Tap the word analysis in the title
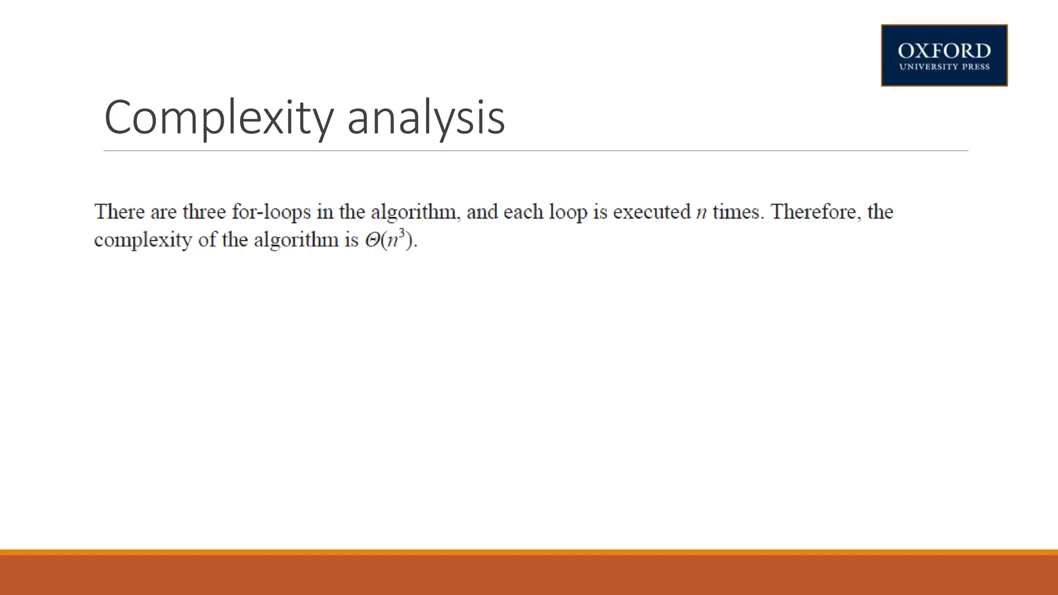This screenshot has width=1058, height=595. click(426, 118)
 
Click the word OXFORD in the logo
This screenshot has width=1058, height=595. click(944, 51)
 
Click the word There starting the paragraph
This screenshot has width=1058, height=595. click(119, 212)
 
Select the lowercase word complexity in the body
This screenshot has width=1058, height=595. click(143, 240)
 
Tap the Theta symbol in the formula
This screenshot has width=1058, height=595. click(372, 240)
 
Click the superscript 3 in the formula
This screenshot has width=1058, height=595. click(402, 233)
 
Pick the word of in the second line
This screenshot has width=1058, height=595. click(207, 240)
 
